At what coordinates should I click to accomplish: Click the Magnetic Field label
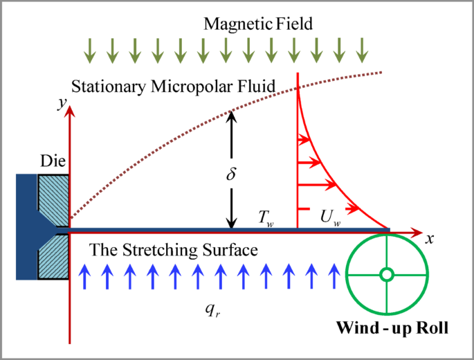tap(258, 24)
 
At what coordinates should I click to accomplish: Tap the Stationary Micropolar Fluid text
tap(174, 86)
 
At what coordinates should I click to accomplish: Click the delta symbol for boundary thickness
tap(232, 174)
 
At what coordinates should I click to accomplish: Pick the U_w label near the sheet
tap(330, 217)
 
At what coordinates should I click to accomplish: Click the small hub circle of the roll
tap(387, 275)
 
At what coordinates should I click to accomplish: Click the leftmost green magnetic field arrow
tap(90, 48)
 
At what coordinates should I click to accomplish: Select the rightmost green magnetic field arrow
tap(361, 48)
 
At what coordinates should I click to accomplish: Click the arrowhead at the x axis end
tap(417, 229)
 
